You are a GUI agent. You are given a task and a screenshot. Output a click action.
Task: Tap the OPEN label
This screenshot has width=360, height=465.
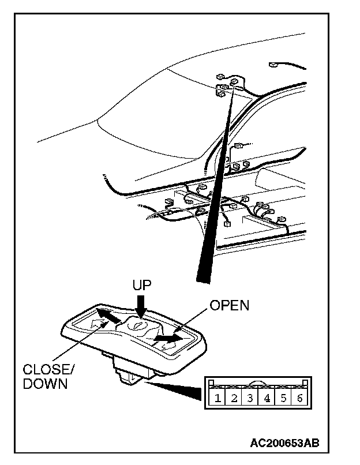229,305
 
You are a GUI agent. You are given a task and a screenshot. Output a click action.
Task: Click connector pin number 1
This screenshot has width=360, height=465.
216,398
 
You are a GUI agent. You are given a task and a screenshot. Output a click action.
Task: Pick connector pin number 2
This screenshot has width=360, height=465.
233,398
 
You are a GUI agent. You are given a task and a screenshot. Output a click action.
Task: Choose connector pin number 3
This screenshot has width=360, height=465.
250,398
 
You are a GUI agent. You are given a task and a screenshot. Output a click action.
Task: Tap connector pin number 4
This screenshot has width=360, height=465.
267,398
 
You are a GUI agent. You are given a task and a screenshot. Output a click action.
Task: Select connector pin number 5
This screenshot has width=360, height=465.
283,398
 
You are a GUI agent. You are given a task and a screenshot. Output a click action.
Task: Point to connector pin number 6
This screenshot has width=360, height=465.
299,398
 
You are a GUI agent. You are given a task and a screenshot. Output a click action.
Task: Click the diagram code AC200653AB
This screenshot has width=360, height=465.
284,442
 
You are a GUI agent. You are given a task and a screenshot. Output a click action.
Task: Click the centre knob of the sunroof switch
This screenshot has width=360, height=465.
139,327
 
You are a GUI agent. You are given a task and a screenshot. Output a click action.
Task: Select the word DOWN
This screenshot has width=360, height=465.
45,384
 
